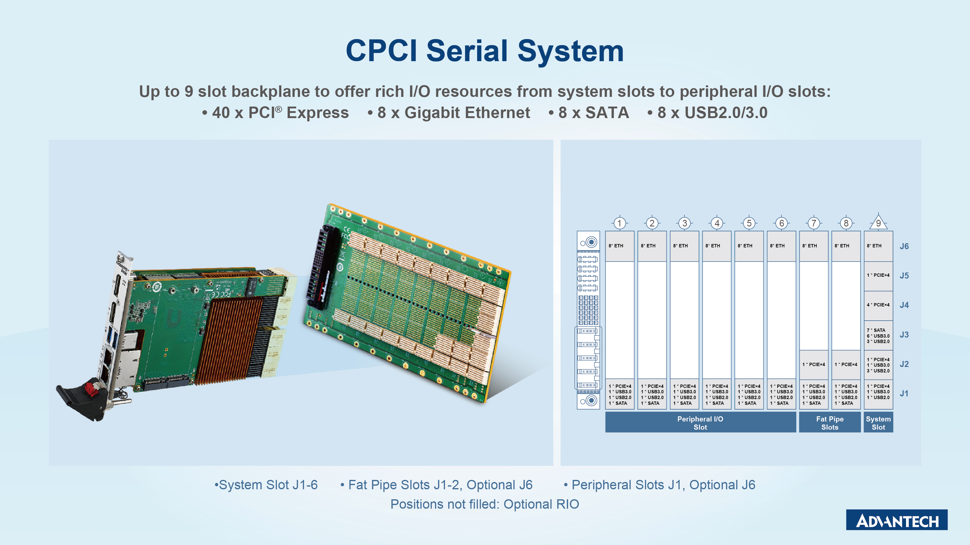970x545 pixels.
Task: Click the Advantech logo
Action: coord(897,520)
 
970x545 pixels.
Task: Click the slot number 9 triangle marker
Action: coord(878,222)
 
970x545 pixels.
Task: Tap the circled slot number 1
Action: coord(619,223)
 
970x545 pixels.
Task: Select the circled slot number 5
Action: coord(749,223)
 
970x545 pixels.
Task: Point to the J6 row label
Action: coord(904,246)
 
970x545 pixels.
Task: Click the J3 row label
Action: coord(904,335)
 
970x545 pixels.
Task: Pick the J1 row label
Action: coord(904,393)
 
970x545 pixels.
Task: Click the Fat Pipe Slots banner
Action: coord(830,422)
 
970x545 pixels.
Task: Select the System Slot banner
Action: coord(878,422)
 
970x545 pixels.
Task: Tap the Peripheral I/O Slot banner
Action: coord(701,422)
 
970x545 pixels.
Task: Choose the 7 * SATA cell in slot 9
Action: coord(878,335)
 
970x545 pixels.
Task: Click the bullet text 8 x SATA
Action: coord(589,112)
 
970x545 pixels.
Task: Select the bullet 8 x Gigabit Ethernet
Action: coord(449,112)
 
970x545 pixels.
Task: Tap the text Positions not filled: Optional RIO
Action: coord(485,504)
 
